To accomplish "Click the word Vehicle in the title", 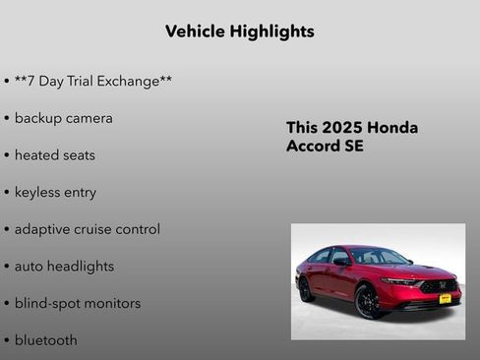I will coord(195,31).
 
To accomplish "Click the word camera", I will coord(89,118).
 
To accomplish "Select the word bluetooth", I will coord(45,340).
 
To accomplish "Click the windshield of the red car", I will coord(381,257).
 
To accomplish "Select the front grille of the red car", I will coord(439,286).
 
